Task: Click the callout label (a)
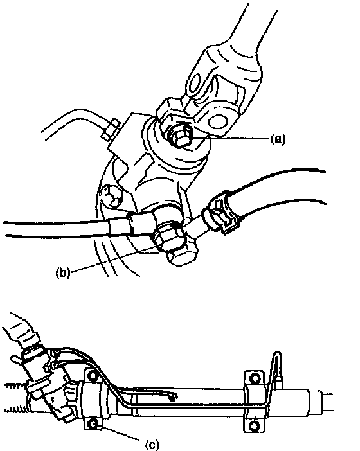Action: point(278,139)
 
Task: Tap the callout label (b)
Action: point(63,272)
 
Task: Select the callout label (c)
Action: point(152,445)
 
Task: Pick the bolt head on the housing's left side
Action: point(113,195)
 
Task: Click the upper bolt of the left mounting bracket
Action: point(93,376)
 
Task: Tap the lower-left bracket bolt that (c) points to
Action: point(93,423)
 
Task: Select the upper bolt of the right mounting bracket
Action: point(255,378)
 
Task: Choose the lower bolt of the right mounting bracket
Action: point(254,425)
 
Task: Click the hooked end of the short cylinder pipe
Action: point(173,398)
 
